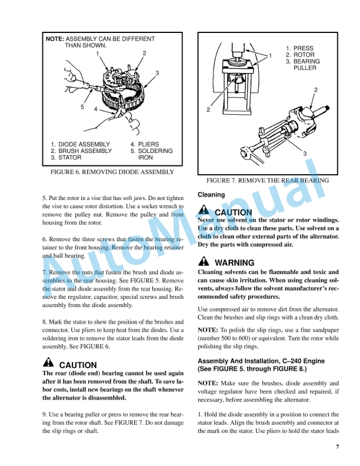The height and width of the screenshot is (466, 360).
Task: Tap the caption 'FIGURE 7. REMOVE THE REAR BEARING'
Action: click(x=267, y=180)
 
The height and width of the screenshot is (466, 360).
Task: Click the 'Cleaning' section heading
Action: click(x=211, y=194)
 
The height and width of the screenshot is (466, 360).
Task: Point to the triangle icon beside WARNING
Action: click(x=203, y=262)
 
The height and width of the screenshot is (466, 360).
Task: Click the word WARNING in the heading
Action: click(x=235, y=263)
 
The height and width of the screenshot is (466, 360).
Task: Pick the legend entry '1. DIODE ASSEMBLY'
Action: click(x=80, y=144)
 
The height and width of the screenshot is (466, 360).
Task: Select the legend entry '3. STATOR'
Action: click(x=66, y=158)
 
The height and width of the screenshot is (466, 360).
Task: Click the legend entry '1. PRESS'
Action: click(x=299, y=48)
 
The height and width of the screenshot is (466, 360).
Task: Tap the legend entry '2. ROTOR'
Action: click(x=300, y=55)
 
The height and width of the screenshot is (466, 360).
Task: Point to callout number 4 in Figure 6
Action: click(x=95, y=110)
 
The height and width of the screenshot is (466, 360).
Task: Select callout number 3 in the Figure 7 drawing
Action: click(x=305, y=154)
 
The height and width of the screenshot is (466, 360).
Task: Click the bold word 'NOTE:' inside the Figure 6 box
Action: click(x=55, y=39)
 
